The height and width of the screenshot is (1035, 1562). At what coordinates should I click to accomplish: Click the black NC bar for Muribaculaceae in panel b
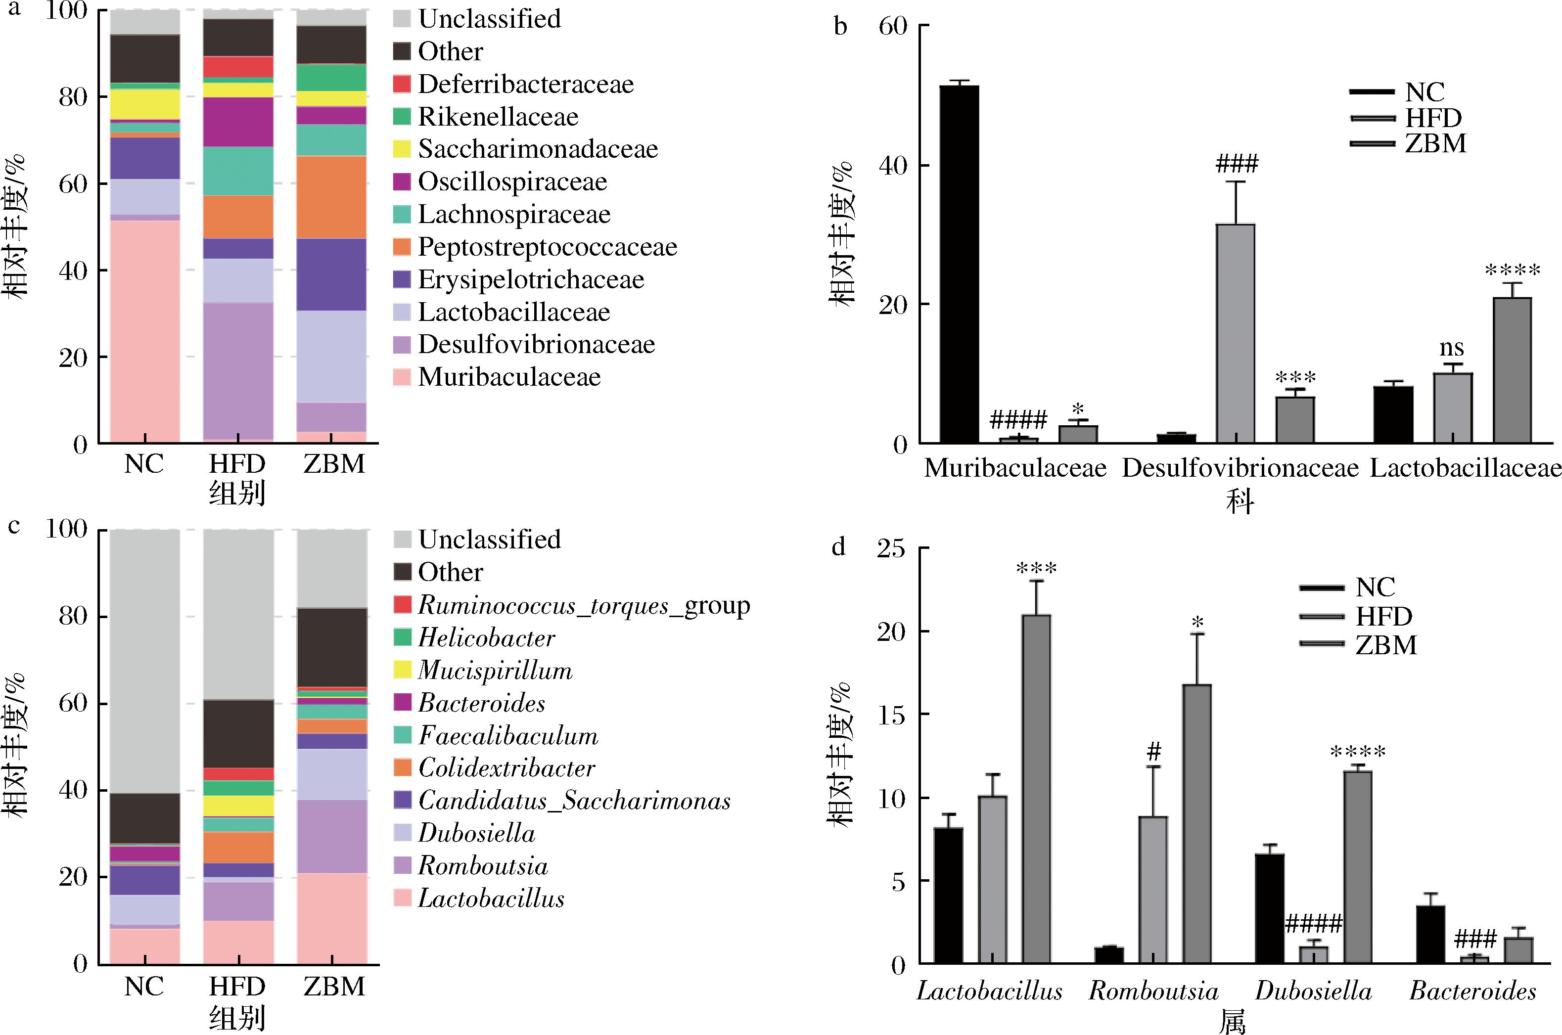[959, 264]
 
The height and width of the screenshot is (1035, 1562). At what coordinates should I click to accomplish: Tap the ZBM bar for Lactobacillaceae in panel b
[1512, 370]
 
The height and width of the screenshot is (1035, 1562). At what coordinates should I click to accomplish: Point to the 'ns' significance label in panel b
[1452, 347]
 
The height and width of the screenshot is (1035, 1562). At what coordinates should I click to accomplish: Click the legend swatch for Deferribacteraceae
[402, 84]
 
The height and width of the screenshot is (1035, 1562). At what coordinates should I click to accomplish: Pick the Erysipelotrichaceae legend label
[531, 279]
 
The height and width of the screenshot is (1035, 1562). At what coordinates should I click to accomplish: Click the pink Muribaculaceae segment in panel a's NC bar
[144, 330]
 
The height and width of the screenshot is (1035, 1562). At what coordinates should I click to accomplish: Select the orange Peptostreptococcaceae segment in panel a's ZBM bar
[332, 197]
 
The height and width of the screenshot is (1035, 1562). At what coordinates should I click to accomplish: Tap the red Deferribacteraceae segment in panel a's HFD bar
[238, 67]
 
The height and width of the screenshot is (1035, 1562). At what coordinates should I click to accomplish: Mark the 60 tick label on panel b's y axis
[893, 26]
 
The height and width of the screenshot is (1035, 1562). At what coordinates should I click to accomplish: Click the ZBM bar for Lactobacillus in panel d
[1037, 789]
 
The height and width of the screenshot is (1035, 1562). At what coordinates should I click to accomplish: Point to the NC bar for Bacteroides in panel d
[1430, 935]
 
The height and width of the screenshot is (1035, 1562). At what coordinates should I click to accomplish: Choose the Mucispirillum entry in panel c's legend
[495, 670]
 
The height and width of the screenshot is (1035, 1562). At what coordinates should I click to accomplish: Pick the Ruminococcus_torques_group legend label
[584, 605]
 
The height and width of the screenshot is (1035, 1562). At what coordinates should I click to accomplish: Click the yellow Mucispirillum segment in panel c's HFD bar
[238, 805]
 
